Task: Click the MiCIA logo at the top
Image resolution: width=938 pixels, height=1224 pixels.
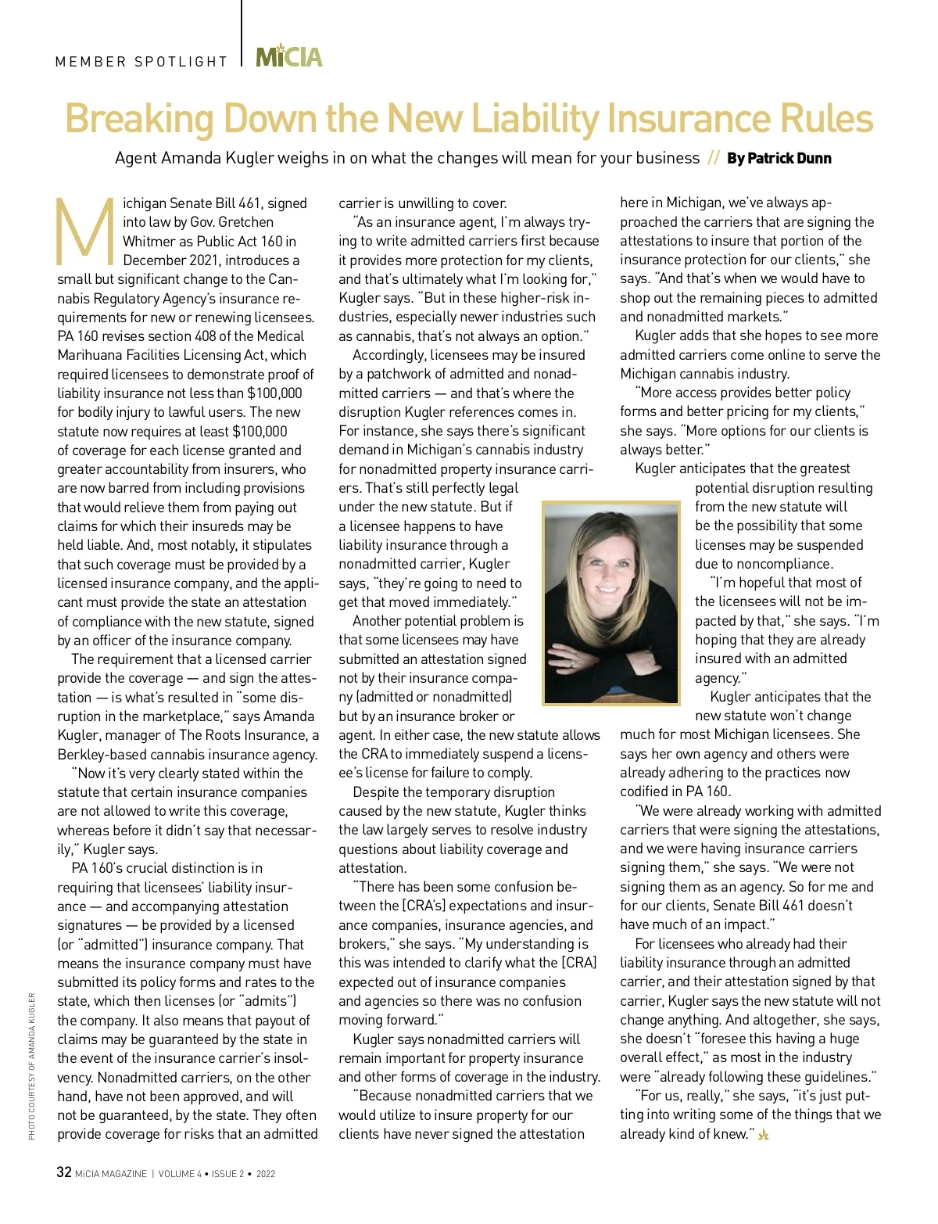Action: [289, 56]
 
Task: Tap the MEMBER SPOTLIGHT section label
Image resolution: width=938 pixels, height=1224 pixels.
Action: [141, 62]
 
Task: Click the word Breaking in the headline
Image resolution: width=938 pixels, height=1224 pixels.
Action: [138, 120]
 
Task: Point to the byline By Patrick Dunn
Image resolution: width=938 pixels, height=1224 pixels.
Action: [779, 159]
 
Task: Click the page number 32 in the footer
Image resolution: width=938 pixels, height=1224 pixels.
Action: [64, 1172]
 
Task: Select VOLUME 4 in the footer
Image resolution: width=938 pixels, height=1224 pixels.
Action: [180, 1174]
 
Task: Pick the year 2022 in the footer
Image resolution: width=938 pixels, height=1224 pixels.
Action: [266, 1174]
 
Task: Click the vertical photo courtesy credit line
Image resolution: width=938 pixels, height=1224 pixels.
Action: [32, 1065]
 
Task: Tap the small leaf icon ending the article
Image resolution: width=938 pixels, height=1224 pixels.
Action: [763, 1134]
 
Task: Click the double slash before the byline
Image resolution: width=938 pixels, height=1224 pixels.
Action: [713, 159]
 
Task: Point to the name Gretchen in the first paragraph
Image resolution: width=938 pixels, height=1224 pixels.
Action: [246, 222]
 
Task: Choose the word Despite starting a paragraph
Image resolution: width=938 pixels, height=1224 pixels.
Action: [375, 792]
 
